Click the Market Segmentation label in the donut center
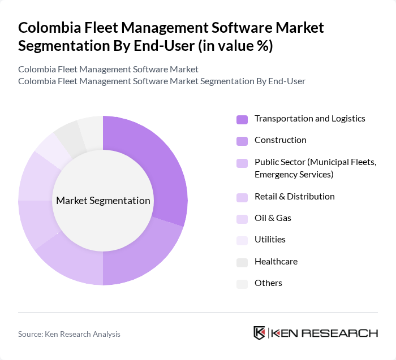click(103, 201)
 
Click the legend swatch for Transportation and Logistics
click(242, 119)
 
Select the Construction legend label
click(280, 140)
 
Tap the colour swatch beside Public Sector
click(242, 163)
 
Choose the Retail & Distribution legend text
click(294, 197)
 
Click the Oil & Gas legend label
click(273, 218)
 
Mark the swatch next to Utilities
click(242, 240)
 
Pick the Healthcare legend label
click(276, 262)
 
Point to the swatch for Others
click(242, 284)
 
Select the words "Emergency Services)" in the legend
click(294, 175)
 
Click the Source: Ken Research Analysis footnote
click(69, 334)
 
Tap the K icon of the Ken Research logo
click(260, 333)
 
